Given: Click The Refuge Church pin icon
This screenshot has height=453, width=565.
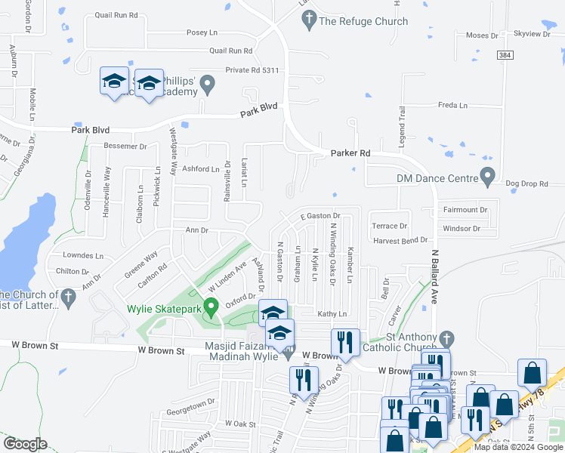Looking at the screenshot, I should point(308,22).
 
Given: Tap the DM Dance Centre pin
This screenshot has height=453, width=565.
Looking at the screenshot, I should point(487,179).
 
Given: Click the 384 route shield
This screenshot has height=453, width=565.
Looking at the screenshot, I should point(506,56).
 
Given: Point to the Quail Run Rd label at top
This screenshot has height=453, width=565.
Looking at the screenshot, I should point(117,15).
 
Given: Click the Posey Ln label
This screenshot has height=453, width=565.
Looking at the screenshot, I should point(202,33).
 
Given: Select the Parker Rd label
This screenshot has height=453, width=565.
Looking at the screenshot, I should point(350,153).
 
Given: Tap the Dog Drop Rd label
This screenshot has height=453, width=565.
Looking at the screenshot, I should point(526,183).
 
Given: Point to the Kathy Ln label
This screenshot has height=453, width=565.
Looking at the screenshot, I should point(332,314).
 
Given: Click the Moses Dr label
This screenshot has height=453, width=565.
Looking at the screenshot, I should point(482,35).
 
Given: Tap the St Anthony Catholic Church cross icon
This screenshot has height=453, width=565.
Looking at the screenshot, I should point(446,337).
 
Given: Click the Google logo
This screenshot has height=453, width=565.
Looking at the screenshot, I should point(25,444).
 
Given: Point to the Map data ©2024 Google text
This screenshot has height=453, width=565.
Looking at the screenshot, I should point(519,447).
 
